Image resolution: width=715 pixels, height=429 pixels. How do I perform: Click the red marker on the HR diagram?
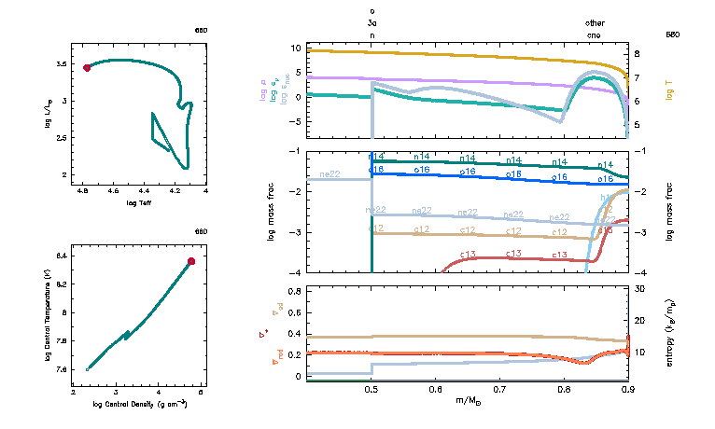(87, 67)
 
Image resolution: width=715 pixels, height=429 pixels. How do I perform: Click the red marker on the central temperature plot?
(191, 261)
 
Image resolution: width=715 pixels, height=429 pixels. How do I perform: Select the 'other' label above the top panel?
(595, 22)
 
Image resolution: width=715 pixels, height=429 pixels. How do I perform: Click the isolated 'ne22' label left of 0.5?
(329, 174)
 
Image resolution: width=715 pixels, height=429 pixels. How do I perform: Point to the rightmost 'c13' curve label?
(560, 254)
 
